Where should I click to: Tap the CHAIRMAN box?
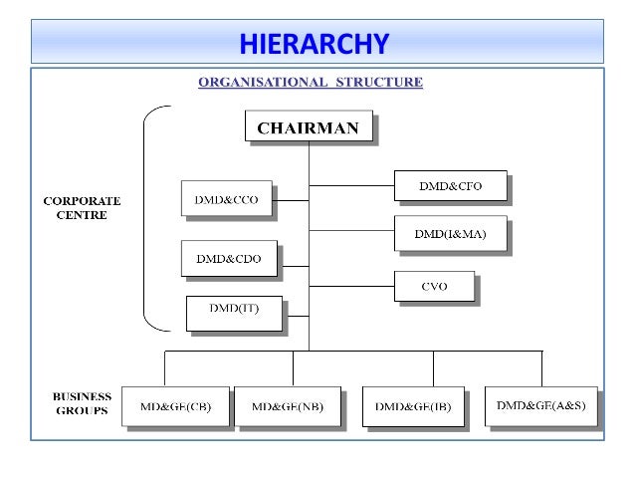tap(309, 126)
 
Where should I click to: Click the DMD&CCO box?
tap(226, 199)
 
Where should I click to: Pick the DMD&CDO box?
tap(228, 258)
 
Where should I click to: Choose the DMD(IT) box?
tap(234, 311)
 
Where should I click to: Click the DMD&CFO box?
tap(450, 185)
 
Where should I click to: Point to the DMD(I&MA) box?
tap(450, 233)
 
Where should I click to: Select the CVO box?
tap(434, 286)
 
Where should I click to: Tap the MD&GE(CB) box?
tap(175, 406)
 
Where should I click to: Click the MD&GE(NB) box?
tap(288, 406)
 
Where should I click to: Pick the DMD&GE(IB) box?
tap(412, 406)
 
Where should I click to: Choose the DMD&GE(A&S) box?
tap(540, 405)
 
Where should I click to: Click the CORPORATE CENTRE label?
tap(75, 207)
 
